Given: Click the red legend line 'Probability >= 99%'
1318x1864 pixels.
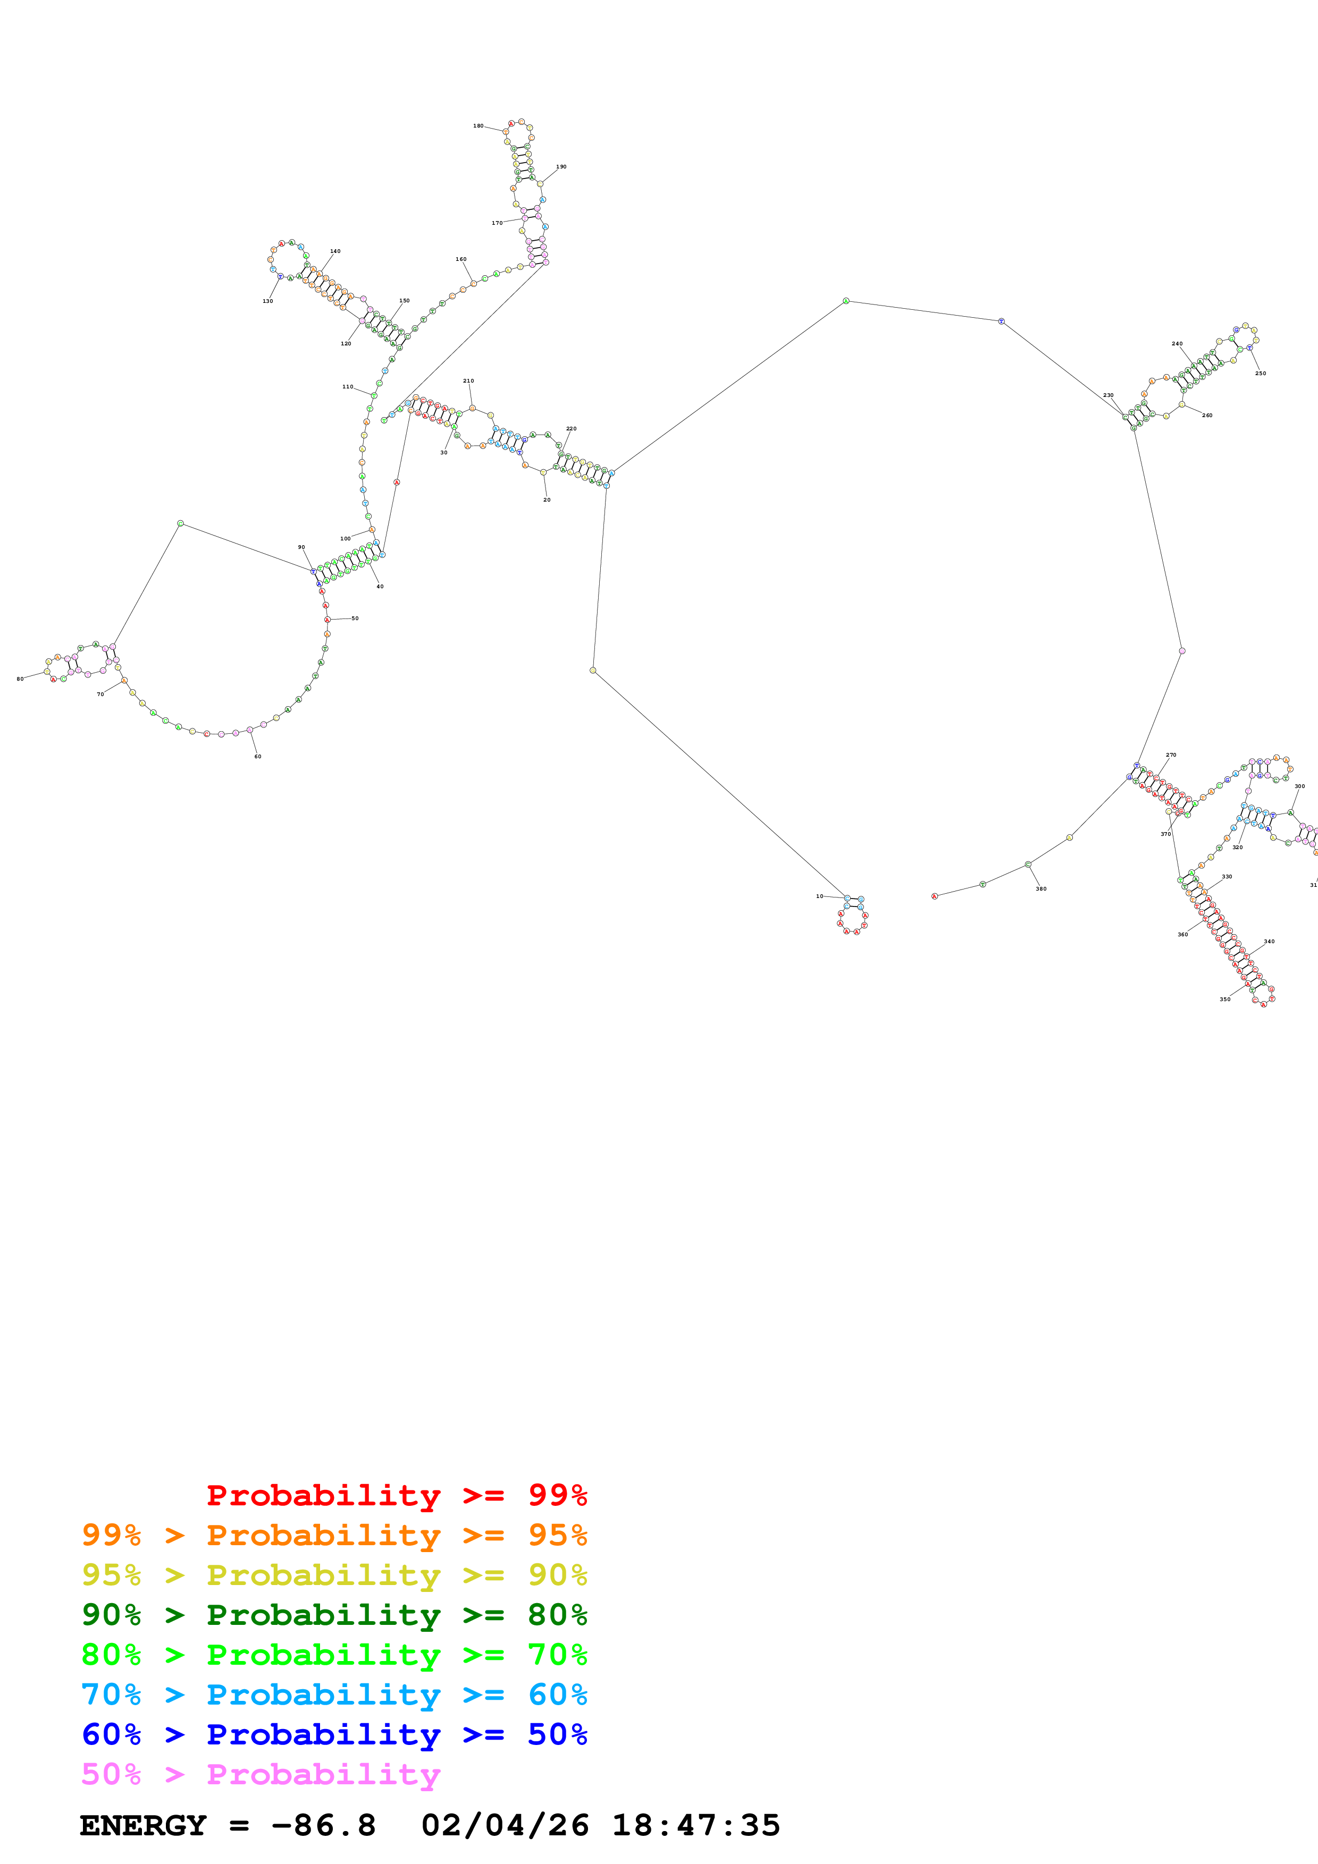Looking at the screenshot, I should pos(396,1495).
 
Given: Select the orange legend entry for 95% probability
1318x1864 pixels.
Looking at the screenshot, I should pos(334,1535).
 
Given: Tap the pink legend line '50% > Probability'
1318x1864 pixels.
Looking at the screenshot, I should pos(261,1774).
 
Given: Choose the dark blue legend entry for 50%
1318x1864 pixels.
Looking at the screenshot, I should pos(334,1734).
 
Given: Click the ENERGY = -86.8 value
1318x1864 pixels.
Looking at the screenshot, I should pos(228,1826).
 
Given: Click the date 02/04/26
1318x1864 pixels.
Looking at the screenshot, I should pos(505,1826).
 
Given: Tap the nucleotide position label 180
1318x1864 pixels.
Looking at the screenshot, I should pos(478,126).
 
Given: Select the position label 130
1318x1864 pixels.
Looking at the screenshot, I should pos(268,301).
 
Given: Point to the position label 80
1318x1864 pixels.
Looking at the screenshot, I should pos(20,679).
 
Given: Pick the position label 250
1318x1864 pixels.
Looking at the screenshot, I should pos(1261,374).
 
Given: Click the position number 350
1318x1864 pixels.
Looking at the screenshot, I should pos(1224,999).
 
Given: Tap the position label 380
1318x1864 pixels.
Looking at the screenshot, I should pos(1041,889).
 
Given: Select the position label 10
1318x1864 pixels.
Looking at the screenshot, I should pos(819,896).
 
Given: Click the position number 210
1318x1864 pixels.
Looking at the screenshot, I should pos(468,381).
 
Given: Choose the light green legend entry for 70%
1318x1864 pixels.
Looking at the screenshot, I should pos(334,1655).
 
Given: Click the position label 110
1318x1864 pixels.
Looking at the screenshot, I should pos(348,387).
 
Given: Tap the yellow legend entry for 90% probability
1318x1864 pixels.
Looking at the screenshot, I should pos(334,1575).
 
